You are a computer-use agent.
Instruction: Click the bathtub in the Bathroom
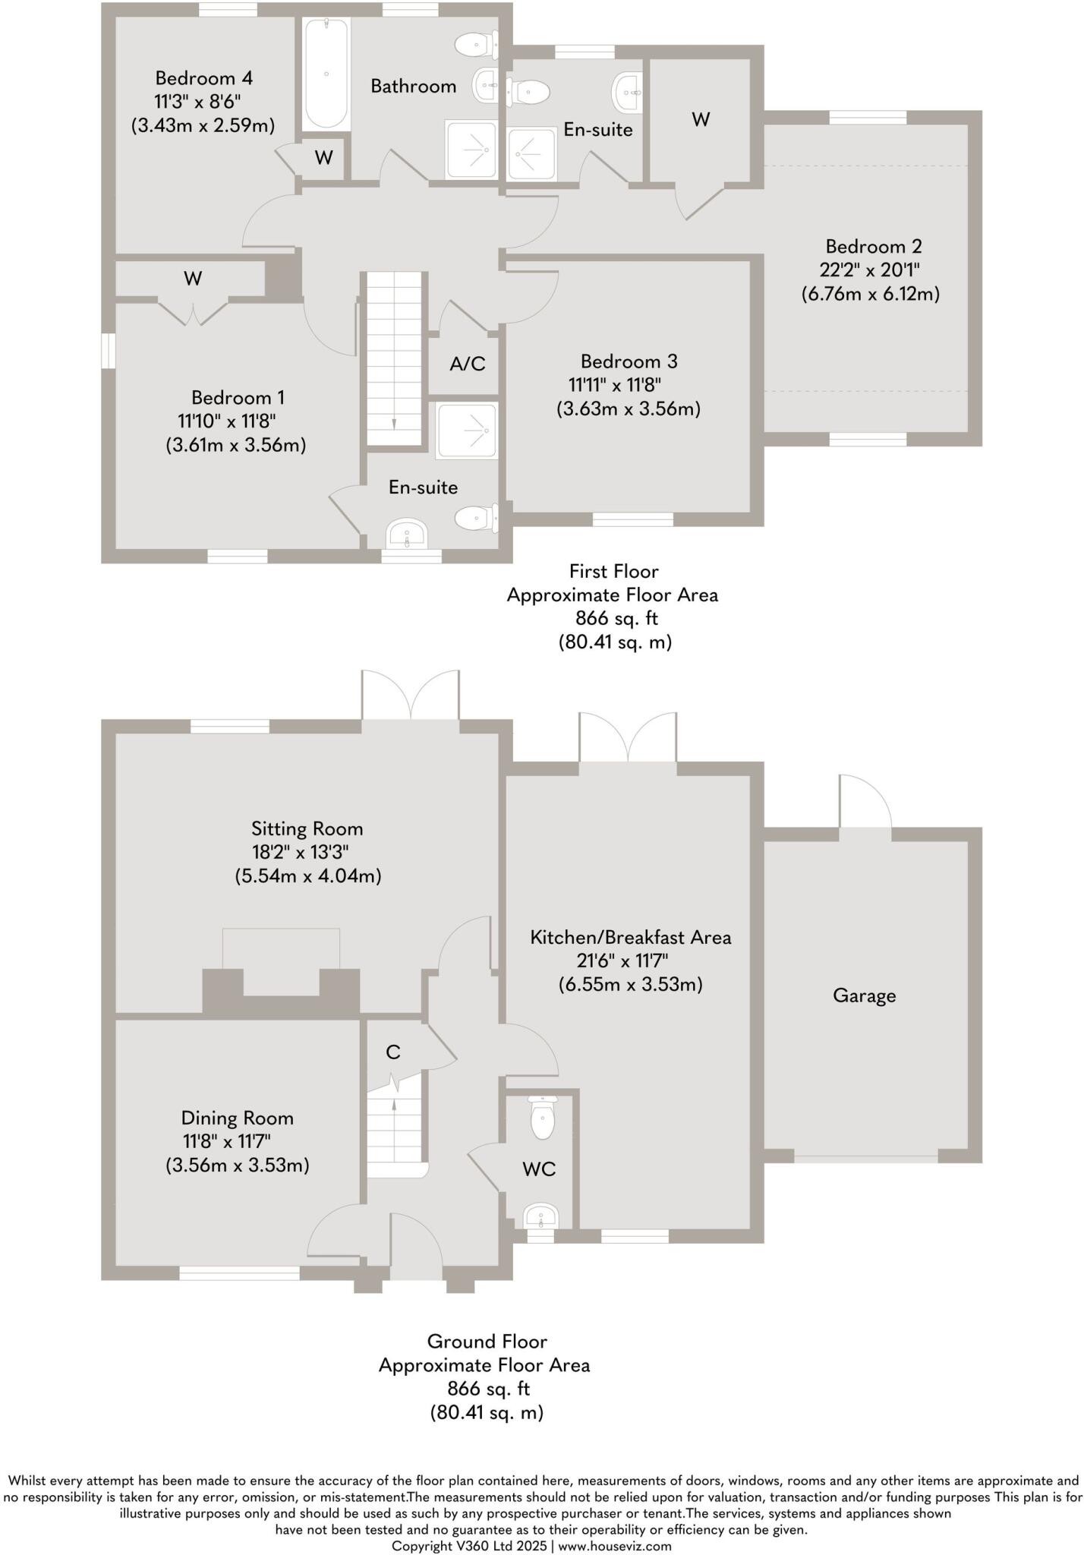point(326,74)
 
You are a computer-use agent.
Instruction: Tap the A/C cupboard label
point(467,364)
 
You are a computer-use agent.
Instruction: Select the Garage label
point(864,995)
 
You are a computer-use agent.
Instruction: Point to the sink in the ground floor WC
point(541,1216)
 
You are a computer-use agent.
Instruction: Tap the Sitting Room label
point(307,828)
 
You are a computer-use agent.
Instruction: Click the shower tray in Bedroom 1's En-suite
point(468,431)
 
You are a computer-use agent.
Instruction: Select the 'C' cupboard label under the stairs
point(392,1052)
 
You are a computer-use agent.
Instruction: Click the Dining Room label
point(237,1118)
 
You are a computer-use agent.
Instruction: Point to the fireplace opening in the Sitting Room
point(281,979)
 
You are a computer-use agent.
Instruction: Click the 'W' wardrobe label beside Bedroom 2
point(701,119)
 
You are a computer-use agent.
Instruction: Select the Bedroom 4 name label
point(203,77)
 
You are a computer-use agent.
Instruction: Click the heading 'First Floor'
point(613,571)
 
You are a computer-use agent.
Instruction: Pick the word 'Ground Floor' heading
point(487,1341)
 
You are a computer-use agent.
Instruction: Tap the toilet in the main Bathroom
point(477,44)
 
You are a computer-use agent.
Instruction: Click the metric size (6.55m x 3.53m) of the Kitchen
point(630,985)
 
